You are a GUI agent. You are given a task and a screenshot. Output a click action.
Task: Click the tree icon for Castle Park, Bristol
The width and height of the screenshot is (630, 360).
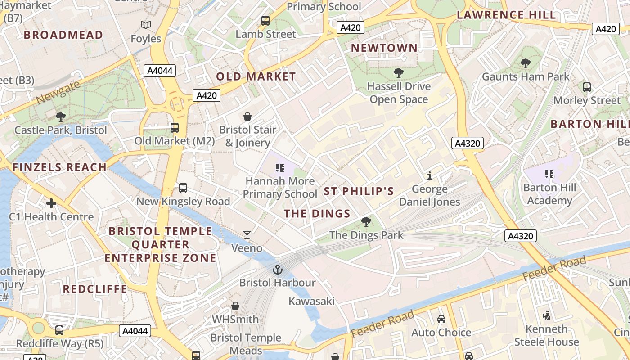coord(61,117)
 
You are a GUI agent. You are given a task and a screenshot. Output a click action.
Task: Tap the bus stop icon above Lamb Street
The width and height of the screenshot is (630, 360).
coord(265,21)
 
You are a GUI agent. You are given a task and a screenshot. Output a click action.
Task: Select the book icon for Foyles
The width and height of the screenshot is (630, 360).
coord(146,25)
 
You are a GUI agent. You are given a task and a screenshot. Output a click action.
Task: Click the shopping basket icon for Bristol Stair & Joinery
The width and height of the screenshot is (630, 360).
coord(247,117)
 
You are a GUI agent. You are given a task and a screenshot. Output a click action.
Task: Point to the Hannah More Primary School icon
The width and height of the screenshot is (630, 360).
coord(280,168)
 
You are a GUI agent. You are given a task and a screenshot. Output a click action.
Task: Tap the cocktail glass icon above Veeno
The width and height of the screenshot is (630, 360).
coord(247,235)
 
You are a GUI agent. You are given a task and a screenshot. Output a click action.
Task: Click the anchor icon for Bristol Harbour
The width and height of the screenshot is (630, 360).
coord(278,270)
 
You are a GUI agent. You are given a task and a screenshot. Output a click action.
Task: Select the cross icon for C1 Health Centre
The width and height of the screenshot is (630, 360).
coord(51,203)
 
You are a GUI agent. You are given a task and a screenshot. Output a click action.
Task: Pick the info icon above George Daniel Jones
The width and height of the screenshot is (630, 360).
coord(430,175)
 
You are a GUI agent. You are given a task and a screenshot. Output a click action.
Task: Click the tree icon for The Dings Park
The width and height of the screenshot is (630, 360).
coord(366,222)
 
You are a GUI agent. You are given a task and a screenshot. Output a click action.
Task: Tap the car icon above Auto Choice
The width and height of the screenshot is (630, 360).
coord(441,319)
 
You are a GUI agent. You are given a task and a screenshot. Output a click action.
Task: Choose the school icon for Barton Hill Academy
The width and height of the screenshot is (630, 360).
coord(549,174)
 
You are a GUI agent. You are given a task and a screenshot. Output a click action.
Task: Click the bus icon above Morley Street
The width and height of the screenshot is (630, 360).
coord(587,87)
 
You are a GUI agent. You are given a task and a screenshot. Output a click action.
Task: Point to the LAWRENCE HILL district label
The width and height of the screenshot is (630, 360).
coord(507,15)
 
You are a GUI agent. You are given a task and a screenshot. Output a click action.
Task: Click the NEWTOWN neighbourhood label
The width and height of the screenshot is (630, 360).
coord(384,48)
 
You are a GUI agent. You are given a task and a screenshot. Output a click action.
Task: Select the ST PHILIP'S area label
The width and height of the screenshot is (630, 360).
coord(359,191)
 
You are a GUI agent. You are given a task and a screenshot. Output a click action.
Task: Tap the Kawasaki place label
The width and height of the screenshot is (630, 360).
coord(311,301)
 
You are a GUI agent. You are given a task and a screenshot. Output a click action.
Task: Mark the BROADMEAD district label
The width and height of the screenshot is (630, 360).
coord(63,35)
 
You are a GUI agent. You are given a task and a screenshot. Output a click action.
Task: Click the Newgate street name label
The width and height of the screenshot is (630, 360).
coord(58,92)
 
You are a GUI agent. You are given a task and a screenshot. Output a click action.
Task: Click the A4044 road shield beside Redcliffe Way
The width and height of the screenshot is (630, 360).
coord(135,331)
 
